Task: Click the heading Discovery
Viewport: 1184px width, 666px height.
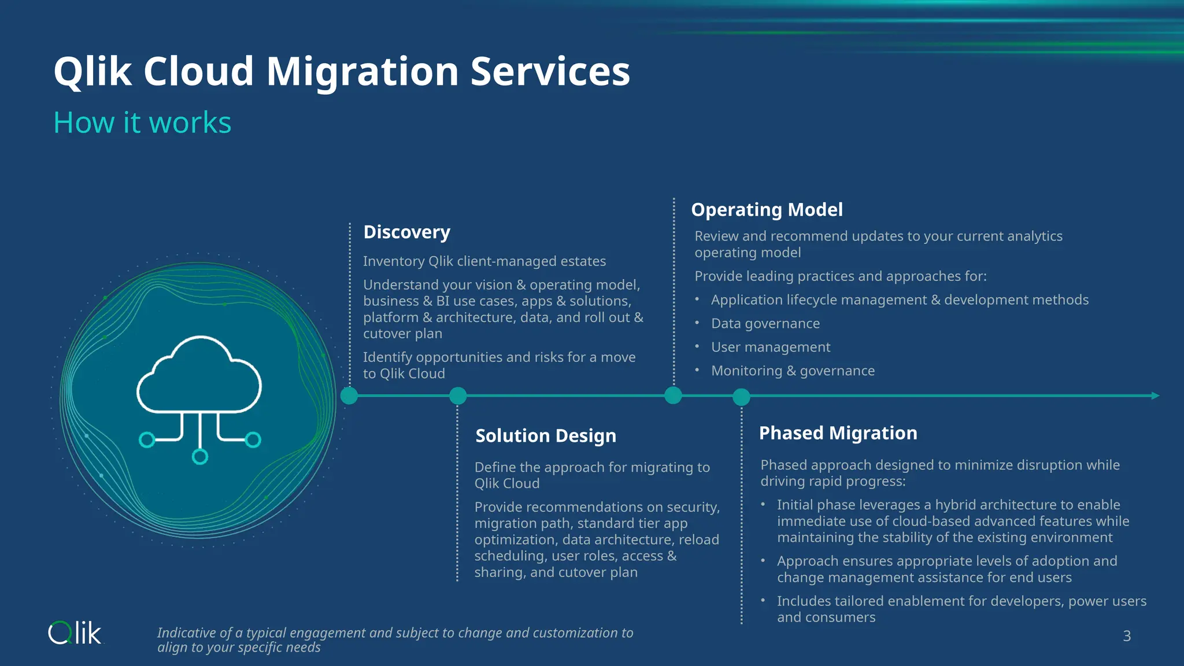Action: (406, 232)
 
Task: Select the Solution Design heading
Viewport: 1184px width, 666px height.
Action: (545, 435)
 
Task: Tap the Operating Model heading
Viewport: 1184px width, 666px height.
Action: (767, 209)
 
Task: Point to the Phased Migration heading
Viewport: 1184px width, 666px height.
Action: (838, 433)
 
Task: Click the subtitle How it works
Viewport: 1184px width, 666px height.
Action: (142, 123)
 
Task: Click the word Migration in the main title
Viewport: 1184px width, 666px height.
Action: (362, 72)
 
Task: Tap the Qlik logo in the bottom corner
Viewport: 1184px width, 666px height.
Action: (75, 634)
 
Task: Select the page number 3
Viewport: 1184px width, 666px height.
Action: (1127, 636)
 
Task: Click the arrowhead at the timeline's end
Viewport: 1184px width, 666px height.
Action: (1155, 395)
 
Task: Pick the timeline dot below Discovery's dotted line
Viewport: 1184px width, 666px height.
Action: (349, 396)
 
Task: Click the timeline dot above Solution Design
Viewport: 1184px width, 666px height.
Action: (458, 396)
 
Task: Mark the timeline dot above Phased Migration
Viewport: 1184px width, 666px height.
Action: (741, 397)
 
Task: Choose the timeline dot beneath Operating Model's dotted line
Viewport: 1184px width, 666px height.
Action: (673, 395)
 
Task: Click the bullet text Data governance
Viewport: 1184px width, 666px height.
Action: (765, 324)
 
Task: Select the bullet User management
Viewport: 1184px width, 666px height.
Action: (770, 347)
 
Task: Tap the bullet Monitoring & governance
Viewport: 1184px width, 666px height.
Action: (793, 371)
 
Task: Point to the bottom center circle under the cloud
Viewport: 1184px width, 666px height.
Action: (200, 457)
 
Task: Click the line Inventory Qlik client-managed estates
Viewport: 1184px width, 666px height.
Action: (484, 261)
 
